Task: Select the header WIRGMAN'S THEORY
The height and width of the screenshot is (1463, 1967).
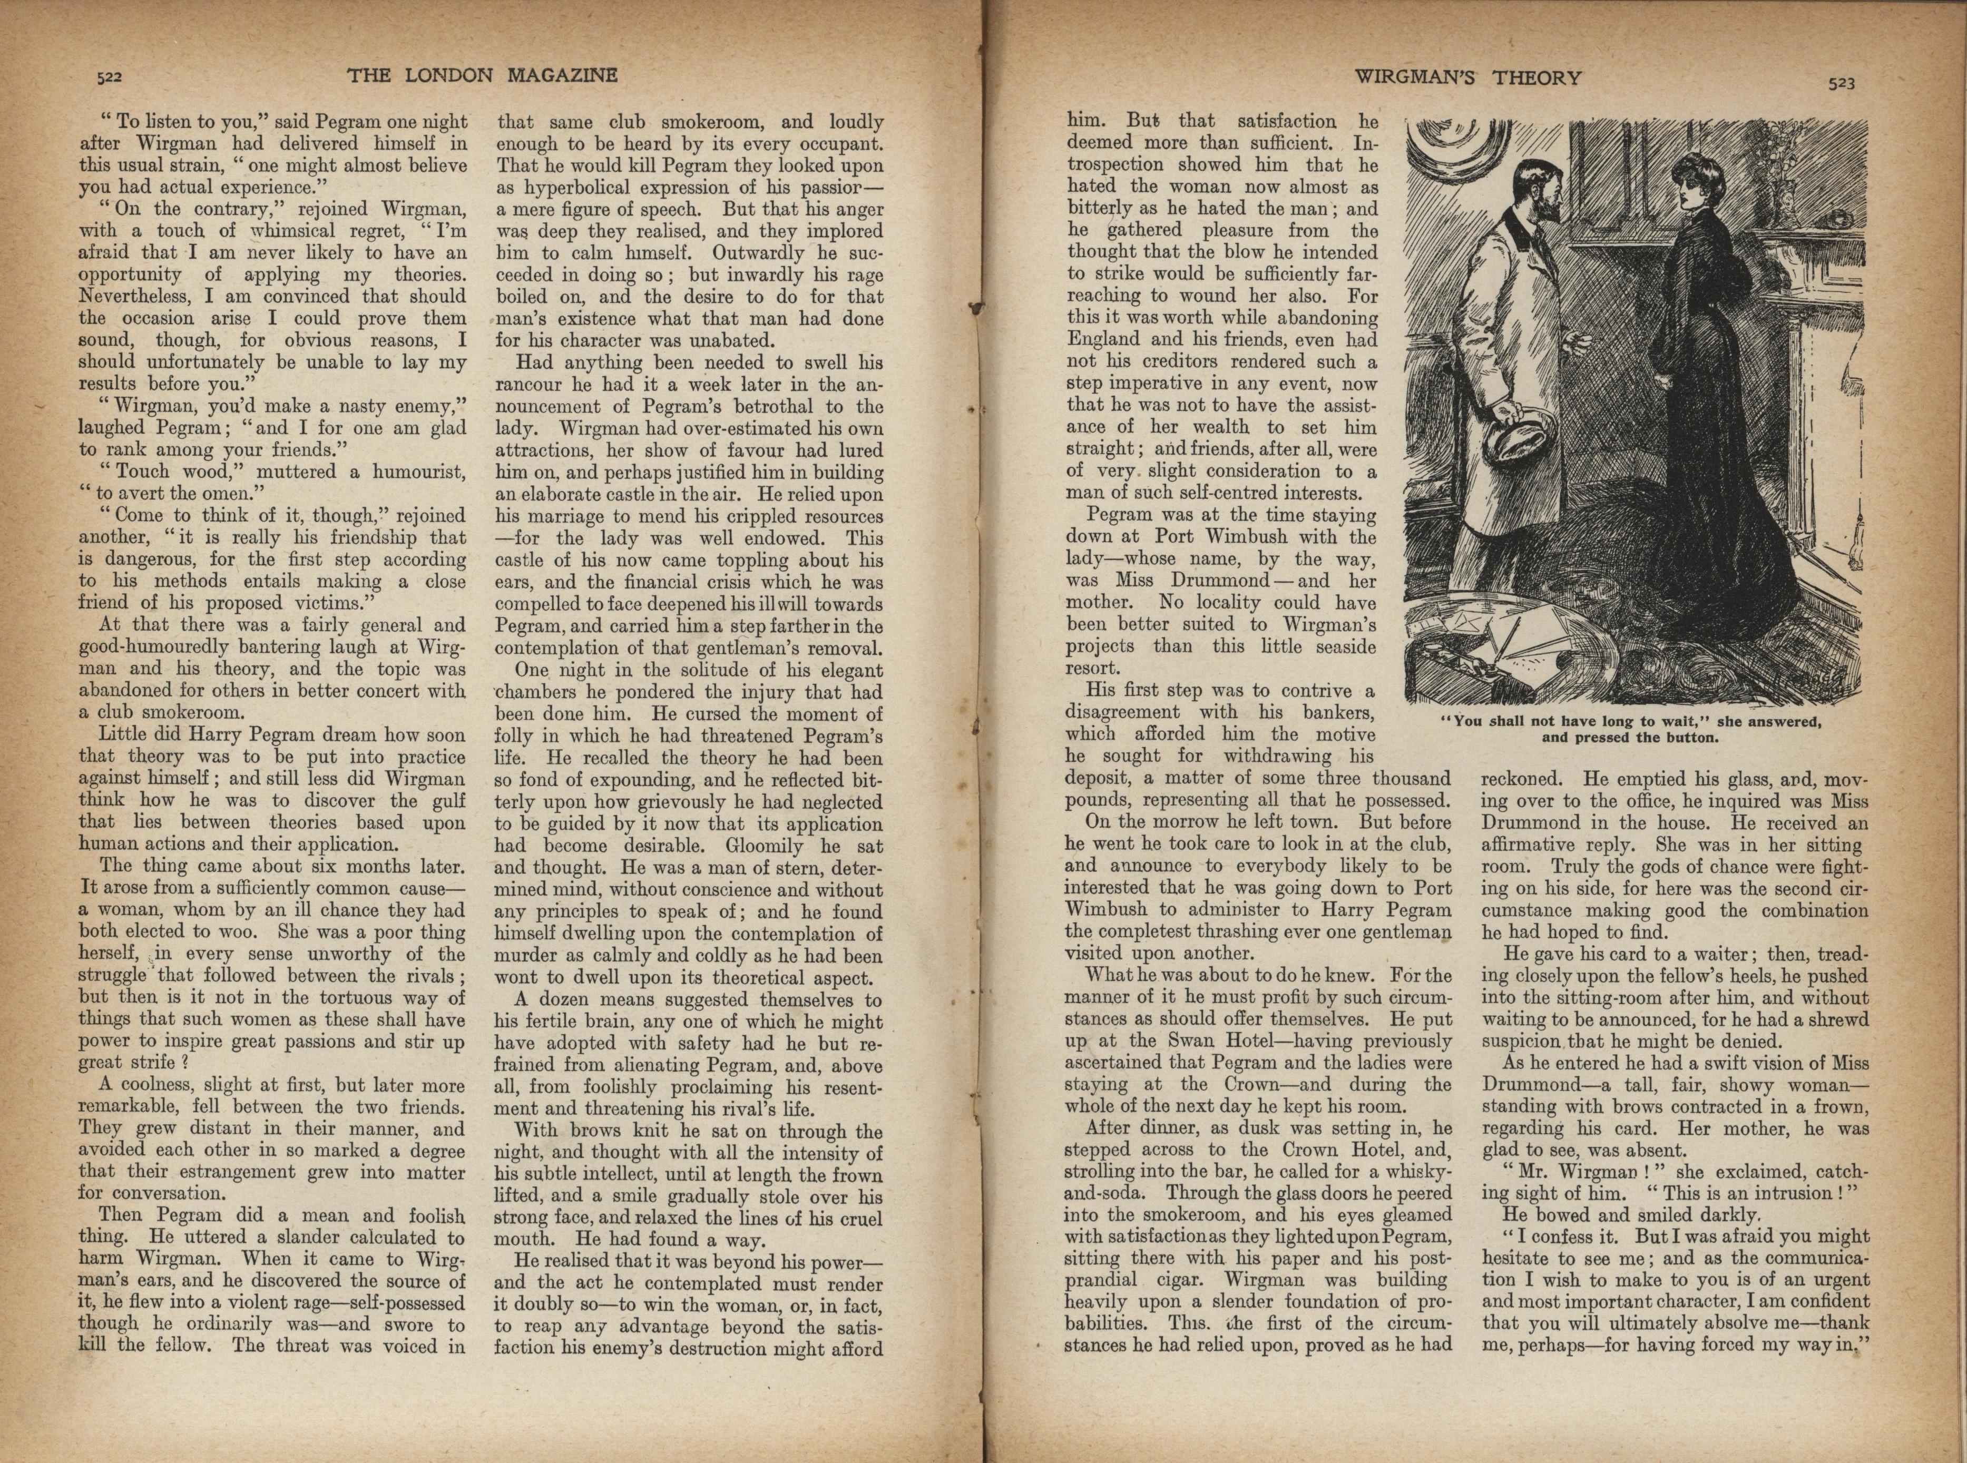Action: [1467, 78]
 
